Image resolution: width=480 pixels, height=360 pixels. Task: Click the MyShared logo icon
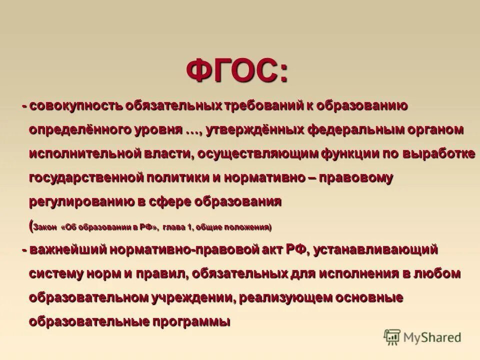pos(392,336)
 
